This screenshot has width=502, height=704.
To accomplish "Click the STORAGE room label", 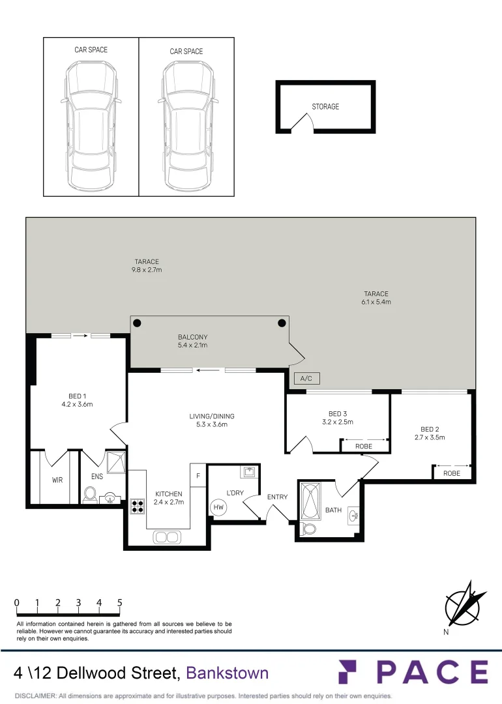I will [325, 107].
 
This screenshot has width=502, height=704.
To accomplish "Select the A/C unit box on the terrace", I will [307, 378].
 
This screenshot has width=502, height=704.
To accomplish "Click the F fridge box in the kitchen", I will [197, 475].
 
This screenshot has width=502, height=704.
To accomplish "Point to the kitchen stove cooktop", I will [138, 505].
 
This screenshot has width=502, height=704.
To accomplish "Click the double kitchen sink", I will [166, 537].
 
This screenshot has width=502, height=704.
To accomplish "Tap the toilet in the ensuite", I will [91, 495].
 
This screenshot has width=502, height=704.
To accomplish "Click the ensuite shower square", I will [115, 461].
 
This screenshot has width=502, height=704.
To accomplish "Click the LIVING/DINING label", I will [212, 416].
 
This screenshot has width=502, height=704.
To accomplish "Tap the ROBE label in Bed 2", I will [452, 473].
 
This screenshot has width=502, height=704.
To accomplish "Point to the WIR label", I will [57, 480].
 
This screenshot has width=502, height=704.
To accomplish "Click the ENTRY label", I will [277, 497].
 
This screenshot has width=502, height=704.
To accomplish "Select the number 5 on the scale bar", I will [120, 603].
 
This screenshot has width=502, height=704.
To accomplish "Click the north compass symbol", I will [465, 604].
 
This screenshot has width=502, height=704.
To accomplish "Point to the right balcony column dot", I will [282, 323].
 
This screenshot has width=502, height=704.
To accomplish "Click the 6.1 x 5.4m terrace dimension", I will [376, 302].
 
